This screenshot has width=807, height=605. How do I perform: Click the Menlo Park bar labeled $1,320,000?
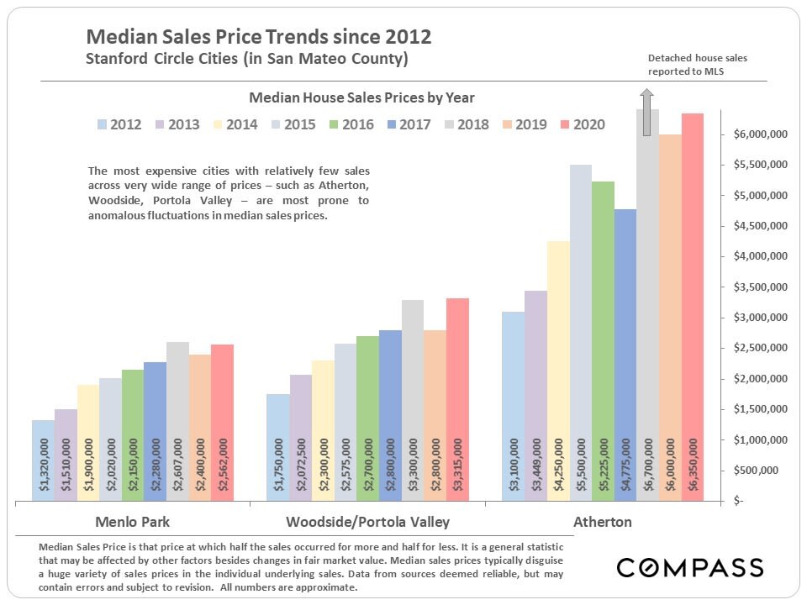tap(43, 460)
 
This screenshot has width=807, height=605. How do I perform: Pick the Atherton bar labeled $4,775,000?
tap(625, 353)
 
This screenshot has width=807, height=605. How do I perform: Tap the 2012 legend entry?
tap(119, 124)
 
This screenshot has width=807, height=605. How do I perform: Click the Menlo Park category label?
tap(133, 522)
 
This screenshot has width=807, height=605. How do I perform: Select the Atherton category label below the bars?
tap(602, 522)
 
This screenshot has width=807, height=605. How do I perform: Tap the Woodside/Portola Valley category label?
tap(367, 522)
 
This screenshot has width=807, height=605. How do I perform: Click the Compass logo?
tap(690, 567)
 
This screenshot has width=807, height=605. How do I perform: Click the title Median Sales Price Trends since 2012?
tap(259, 37)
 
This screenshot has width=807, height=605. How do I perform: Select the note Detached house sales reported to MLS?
tap(697, 65)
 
